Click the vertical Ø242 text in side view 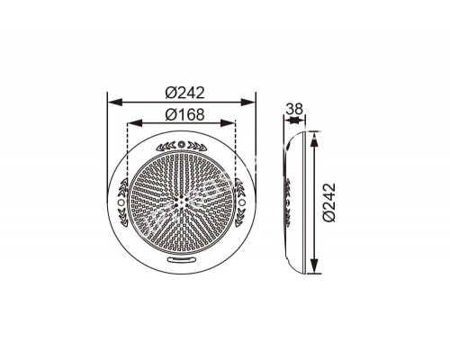pyautogui.click(x=328, y=202)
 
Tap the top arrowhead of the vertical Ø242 pyautogui.click(x=313, y=136)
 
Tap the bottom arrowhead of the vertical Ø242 pyautogui.click(x=313, y=270)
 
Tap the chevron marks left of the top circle pyautogui.click(x=166, y=145)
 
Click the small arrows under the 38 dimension pyautogui.click(x=294, y=123)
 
